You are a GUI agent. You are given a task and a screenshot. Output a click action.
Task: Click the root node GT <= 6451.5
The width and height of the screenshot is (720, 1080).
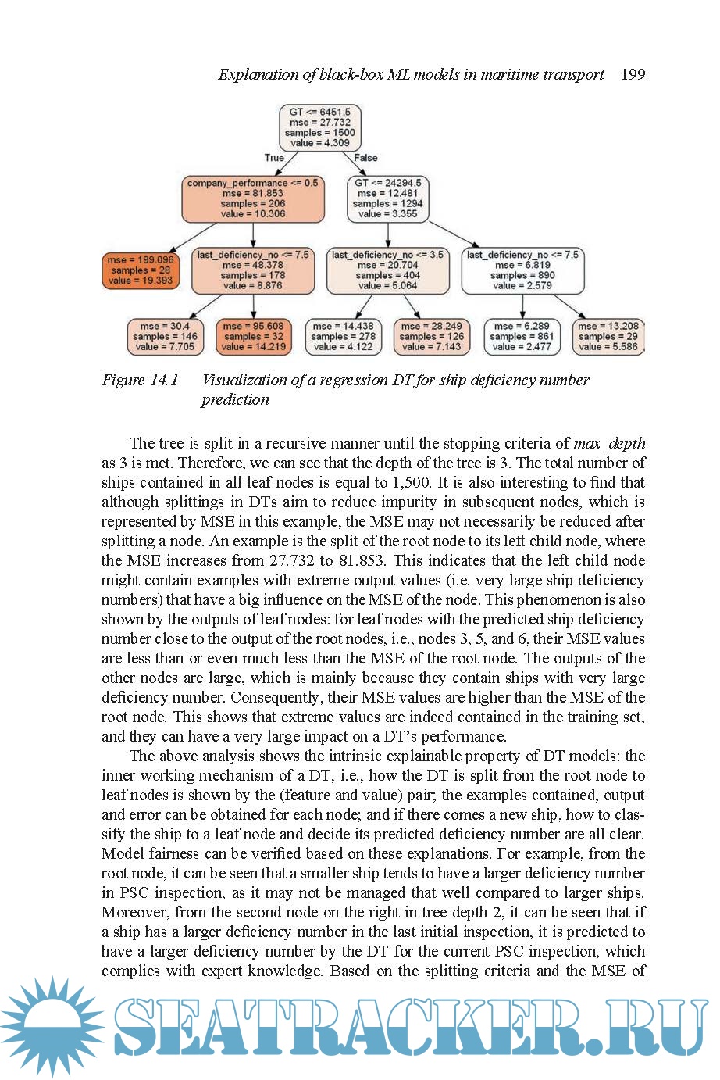point(321,127)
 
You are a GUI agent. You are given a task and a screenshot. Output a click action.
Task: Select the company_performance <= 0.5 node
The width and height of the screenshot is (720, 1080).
point(253,198)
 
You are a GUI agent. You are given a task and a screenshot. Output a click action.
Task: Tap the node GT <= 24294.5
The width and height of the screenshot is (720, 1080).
point(387,198)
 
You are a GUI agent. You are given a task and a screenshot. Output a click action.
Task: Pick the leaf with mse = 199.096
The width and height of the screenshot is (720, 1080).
point(141,270)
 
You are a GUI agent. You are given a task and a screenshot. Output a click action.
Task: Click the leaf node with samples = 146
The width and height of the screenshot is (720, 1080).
point(165,336)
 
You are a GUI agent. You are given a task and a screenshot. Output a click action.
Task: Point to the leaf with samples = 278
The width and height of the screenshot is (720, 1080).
point(343,336)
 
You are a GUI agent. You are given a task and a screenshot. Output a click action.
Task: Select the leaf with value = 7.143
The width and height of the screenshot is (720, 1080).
point(431,336)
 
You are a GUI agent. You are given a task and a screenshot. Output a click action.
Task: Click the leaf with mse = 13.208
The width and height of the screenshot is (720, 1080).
point(609,336)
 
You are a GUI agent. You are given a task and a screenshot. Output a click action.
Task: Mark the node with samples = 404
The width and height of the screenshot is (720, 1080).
point(387,270)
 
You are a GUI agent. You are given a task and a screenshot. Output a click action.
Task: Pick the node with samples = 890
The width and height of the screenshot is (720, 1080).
point(522,270)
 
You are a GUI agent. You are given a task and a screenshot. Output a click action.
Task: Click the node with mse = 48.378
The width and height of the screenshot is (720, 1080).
point(252,270)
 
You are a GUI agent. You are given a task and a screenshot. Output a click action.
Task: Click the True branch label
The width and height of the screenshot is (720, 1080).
point(274,158)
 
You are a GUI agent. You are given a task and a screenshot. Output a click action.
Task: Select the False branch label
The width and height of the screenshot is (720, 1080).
point(365,158)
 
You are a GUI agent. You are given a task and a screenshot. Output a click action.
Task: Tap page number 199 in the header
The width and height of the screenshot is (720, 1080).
point(633,74)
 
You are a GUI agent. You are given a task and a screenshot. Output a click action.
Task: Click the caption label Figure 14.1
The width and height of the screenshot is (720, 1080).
point(141,381)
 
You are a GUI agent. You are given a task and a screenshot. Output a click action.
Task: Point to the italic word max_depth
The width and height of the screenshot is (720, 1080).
point(609,444)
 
